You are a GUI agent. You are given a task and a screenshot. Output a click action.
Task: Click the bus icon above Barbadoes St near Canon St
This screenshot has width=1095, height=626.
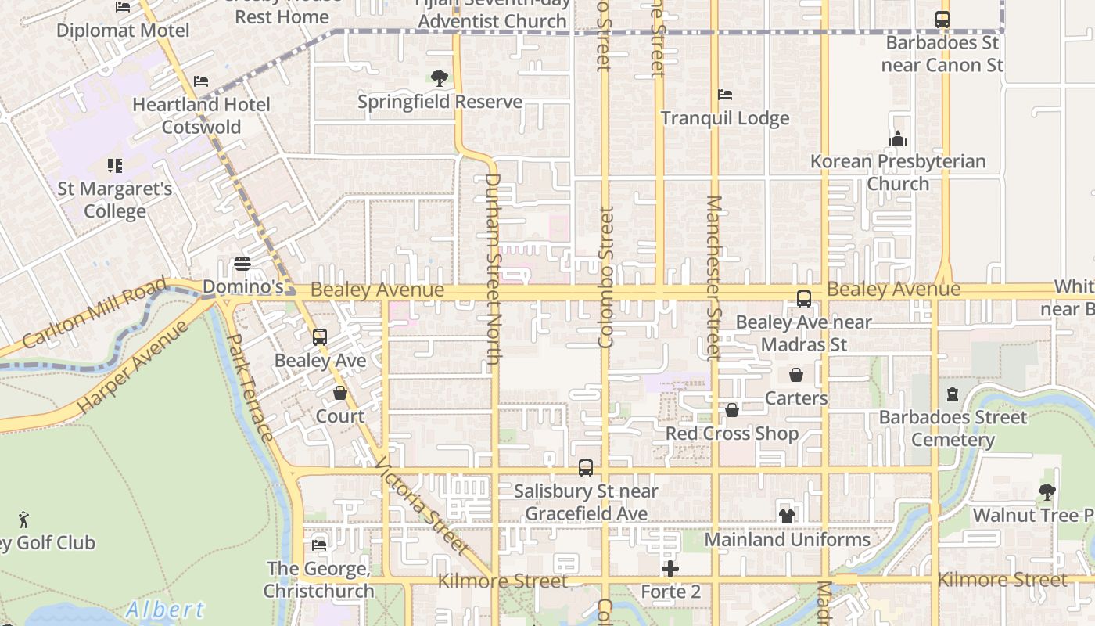(942, 20)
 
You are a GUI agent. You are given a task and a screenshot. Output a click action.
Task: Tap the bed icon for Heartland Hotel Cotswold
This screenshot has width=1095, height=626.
(201, 81)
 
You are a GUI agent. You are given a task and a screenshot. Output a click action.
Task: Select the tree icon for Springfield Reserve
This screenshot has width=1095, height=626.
(440, 78)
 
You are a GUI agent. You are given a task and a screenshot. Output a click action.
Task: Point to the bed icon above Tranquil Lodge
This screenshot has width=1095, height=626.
(725, 95)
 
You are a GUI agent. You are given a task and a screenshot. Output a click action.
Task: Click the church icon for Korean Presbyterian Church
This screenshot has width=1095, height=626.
(898, 139)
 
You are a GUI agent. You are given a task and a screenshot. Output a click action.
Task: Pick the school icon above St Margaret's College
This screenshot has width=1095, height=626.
(115, 166)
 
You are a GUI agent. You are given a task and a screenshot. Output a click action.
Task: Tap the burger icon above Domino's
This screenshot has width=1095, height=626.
(242, 264)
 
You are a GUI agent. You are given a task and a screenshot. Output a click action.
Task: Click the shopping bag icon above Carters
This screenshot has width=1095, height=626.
(795, 375)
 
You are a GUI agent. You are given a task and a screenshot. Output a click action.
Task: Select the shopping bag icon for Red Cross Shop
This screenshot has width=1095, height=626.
(732, 410)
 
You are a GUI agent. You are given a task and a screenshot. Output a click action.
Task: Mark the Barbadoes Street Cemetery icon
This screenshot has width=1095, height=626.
(952, 394)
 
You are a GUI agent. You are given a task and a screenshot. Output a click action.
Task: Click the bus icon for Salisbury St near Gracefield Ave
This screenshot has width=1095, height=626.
(585, 468)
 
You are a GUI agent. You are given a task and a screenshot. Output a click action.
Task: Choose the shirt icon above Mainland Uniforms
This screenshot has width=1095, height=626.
(787, 516)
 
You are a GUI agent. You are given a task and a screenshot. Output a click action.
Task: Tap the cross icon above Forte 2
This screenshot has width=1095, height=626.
(670, 569)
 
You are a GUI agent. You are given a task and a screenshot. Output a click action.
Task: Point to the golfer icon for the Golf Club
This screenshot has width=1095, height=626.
(24, 519)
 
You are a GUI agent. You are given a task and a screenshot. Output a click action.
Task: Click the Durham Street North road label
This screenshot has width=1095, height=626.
(493, 268)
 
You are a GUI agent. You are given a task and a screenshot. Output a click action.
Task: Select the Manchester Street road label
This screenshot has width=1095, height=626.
(713, 278)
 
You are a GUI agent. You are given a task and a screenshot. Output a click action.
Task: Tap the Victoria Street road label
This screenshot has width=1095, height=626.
(422, 507)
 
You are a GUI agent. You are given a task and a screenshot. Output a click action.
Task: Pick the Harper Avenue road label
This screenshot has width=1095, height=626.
(134, 365)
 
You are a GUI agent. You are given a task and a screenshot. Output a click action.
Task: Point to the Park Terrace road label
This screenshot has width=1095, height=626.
(250, 387)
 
